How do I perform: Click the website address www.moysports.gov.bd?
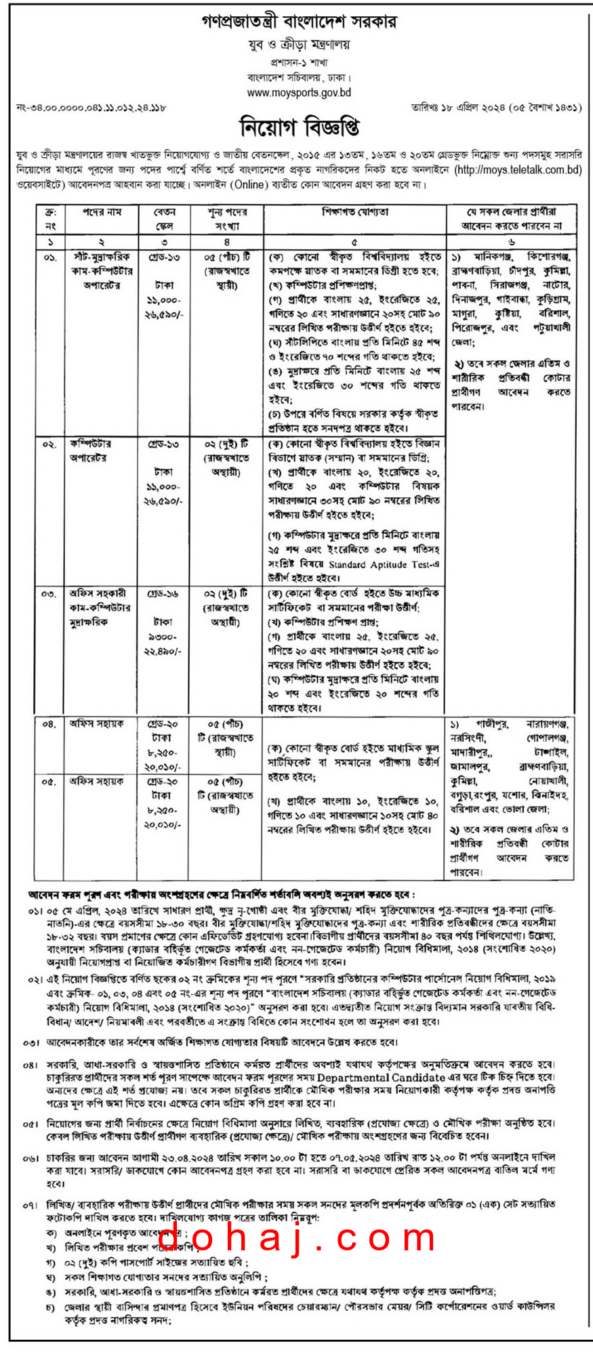click(299, 93)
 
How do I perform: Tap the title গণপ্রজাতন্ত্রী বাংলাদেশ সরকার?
click(299, 22)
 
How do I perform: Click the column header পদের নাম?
click(101, 213)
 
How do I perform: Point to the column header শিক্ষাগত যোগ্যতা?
click(354, 213)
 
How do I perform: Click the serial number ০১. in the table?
click(49, 258)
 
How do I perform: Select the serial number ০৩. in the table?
click(49, 594)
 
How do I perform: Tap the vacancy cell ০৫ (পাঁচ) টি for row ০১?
click(226, 257)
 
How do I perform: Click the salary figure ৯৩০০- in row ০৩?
click(163, 637)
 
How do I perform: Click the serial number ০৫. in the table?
click(49, 781)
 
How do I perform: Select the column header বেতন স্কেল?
click(164, 219)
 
